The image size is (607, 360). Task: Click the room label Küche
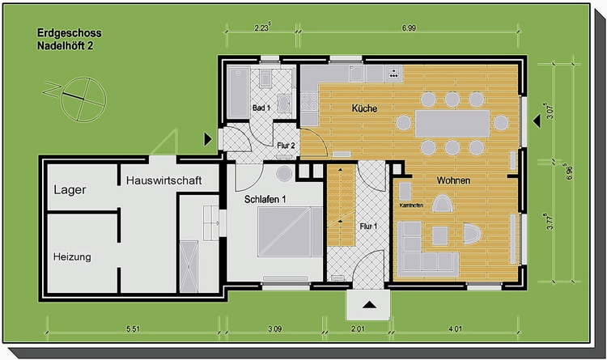[364, 108]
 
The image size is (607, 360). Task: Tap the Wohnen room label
[453, 180]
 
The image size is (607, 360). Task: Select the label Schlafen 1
[265, 199]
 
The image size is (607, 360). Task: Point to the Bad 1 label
[261, 108]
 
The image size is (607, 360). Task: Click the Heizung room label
[72, 256]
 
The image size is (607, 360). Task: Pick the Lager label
[70, 189]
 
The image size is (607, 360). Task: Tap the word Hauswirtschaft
[163, 180]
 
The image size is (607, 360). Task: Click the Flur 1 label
[368, 226]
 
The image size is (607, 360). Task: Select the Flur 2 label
[286, 146]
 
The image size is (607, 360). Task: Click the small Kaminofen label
[411, 205]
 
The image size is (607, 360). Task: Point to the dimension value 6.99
[409, 28]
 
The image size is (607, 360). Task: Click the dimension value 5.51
[133, 329]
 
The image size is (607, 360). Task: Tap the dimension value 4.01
[455, 329]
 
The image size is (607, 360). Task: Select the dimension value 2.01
[358, 329]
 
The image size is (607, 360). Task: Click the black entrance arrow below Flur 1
[369, 305]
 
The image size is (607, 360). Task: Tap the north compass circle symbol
[83, 100]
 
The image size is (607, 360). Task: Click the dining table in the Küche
[452, 123]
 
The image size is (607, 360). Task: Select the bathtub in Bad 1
[238, 92]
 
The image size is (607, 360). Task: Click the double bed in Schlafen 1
[290, 231]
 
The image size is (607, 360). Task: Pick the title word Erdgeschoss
[70, 33]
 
